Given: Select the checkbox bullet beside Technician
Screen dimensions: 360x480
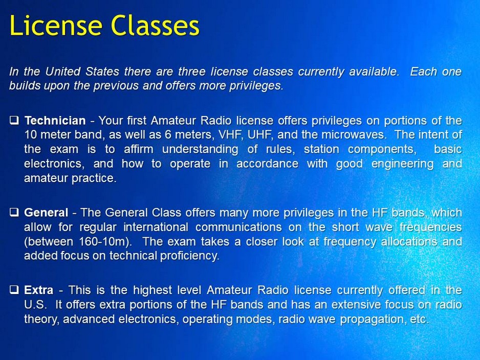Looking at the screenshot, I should [14, 121].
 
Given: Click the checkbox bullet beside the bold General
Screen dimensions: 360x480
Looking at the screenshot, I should [14, 212].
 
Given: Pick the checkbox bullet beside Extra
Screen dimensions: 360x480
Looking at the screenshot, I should [14, 290].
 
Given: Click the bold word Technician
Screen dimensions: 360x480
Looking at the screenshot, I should [55, 121].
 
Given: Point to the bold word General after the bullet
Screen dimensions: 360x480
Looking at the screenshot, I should [46, 212].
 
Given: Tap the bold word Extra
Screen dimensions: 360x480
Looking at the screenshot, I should [38, 290].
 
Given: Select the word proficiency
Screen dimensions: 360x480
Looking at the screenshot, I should [185, 256].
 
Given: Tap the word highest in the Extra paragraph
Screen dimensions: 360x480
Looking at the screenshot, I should [152, 290].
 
